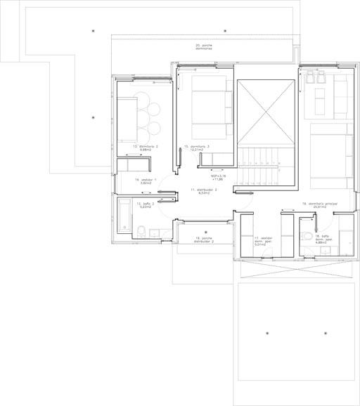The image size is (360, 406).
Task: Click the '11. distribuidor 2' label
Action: tap(205, 191)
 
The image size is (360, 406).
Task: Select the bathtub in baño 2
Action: tap(124, 216)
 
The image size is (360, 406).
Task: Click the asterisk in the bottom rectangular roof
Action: tap(267, 331)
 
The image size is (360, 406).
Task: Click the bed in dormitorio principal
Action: tap(328, 146)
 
